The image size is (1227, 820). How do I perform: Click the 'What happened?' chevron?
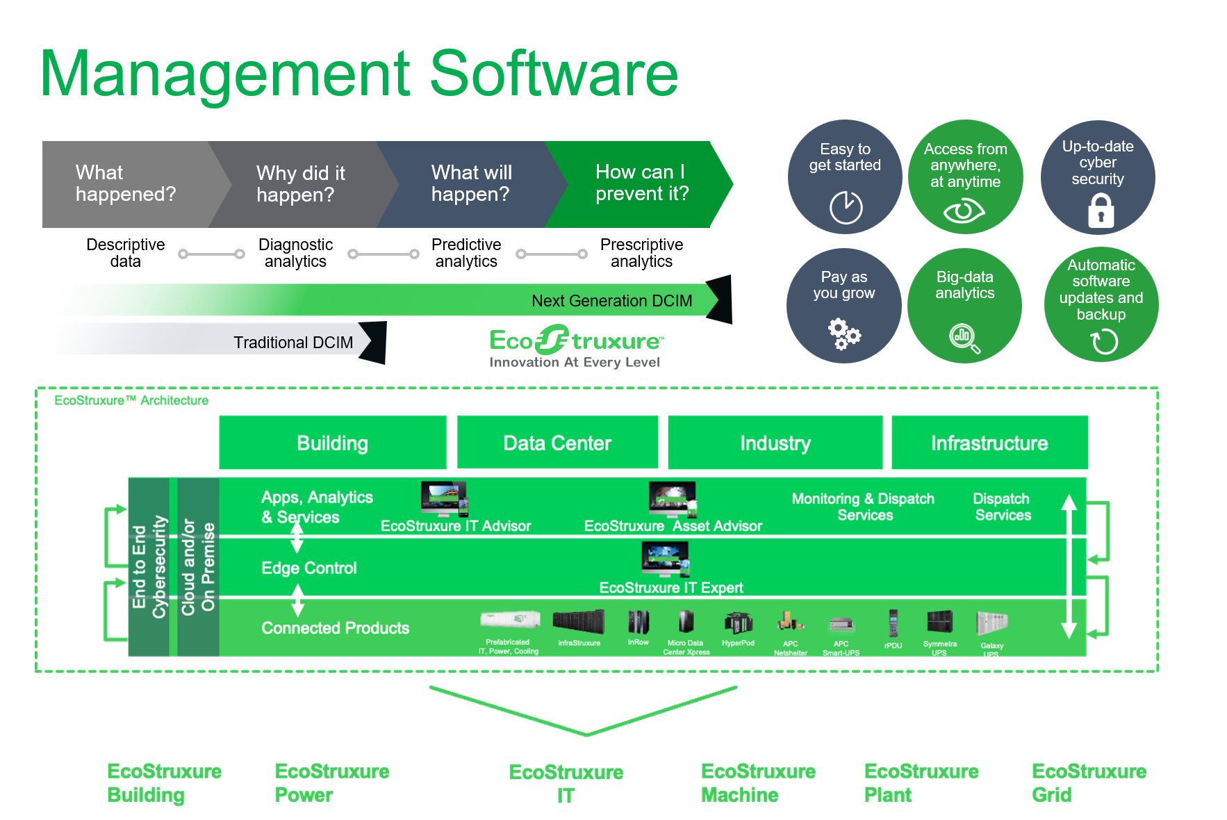(126, 183)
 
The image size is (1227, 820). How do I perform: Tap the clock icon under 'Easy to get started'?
(846, 207)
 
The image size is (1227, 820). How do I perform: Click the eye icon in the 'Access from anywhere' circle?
(964, 211)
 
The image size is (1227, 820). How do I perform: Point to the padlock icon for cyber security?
(1101, 211)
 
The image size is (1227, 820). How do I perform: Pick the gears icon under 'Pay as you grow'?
(844, 334)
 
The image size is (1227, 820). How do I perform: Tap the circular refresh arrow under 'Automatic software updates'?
(1103, 341)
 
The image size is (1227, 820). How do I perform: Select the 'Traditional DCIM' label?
(293, 343)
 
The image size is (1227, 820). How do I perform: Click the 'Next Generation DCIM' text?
(611, 301)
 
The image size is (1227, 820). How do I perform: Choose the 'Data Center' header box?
(557, 443)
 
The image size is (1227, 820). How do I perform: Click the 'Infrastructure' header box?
(989, 443)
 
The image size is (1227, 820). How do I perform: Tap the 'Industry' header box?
(775, 443)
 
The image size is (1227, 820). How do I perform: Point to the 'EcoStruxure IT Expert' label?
(671, 588)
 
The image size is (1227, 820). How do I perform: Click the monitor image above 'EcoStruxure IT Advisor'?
(444, 499)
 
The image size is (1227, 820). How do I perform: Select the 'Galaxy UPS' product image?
(991, 623)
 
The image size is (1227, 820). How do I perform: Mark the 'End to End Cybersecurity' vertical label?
(149, 567)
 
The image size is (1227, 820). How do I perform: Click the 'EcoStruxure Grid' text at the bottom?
(1088, 783)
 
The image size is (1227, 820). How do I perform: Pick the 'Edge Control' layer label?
(308, 568)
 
